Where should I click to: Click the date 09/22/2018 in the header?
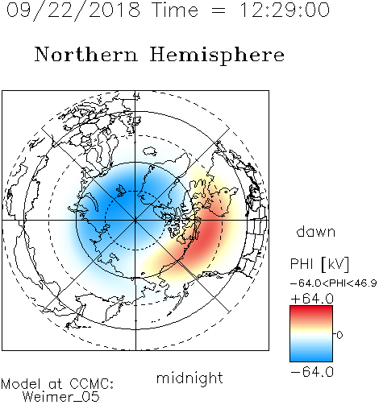tap(73, 10)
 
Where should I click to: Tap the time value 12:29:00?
tap(285, 10)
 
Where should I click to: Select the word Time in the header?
tap(175, 10)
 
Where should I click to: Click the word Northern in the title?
tap(86, 54)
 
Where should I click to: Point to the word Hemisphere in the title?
tap(217, 56)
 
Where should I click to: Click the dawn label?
tap(316, 231)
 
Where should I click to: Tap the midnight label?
tap(189, 378)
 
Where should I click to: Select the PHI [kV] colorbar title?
tap(319, 264)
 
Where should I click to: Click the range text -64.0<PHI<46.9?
tap(334, 283)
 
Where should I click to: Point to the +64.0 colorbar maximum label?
tap(312, 299)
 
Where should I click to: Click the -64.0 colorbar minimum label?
tap(312, 372)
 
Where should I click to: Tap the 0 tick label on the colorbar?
tap(339, 335)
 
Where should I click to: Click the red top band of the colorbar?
tap(311, 312)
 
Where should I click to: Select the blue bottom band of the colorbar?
tap(311, 355)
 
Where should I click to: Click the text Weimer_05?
tap(61, 397)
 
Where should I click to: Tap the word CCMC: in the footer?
tap(92, 384)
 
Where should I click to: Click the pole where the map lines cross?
tap(135, 221)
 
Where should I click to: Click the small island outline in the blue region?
tap(121, 190)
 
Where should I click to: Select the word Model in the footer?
tap(21, 384)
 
